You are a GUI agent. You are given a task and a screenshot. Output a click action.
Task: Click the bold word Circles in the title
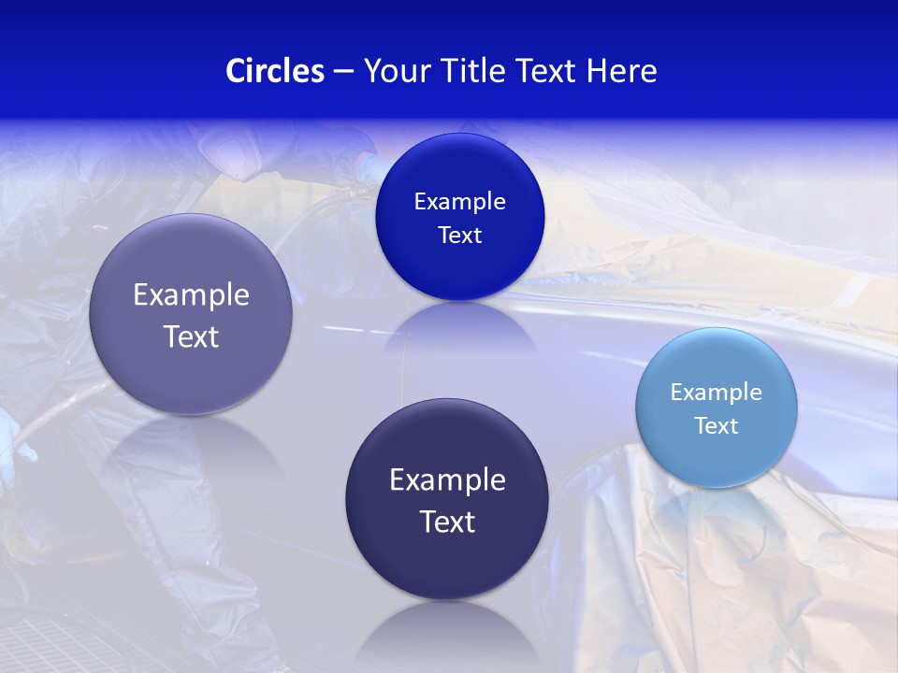point(274,71)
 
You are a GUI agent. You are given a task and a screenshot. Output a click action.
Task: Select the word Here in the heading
point(621,71)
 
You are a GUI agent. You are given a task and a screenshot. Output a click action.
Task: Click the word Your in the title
point(392,71)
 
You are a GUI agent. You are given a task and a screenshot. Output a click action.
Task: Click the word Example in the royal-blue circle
point(460,201)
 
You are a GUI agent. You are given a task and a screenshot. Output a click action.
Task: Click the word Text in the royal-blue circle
point(460,235)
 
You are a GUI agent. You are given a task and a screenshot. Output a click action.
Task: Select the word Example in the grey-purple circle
point(191,294)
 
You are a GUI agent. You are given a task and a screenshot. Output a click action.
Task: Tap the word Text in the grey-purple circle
point(191,336)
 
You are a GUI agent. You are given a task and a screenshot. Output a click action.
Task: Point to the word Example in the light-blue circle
point(717,392)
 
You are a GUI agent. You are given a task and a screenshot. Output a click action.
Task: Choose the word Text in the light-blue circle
point(717,425)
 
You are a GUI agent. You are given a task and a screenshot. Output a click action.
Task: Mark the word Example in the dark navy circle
point(447,480)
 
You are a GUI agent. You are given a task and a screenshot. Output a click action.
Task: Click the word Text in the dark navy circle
point(447,522)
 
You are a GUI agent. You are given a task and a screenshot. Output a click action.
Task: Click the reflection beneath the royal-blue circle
point(460,327)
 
